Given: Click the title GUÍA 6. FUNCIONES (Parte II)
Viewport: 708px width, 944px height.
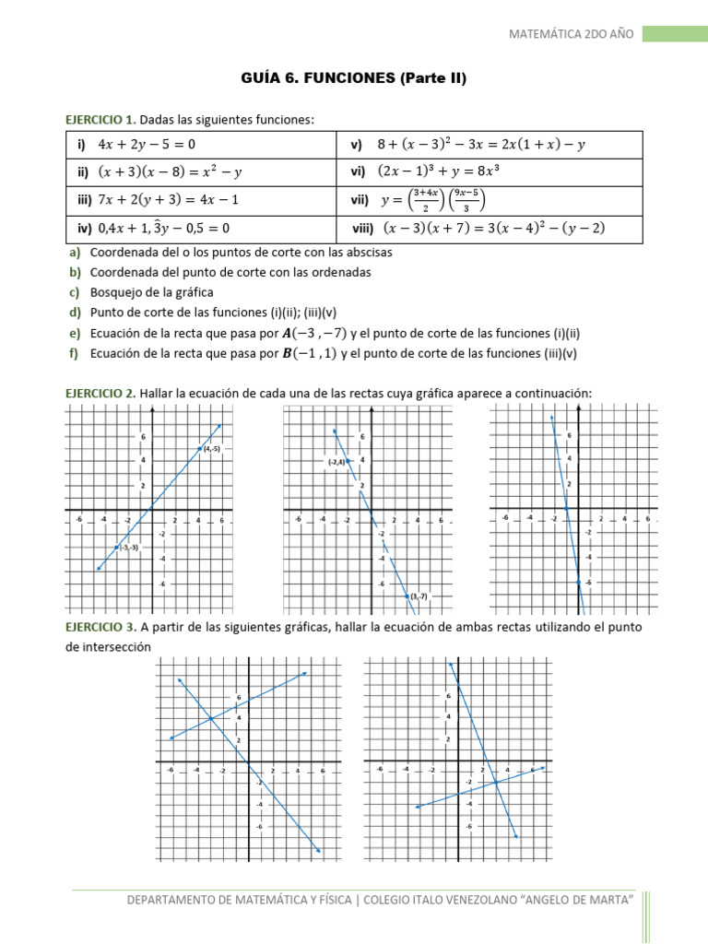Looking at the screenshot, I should point(354,79).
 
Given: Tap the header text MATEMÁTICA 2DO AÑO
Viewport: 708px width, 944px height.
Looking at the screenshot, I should point(572,34).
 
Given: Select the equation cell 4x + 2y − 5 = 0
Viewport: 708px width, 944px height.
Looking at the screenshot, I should point(147,145).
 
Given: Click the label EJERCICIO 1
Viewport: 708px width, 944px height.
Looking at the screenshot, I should point(100,119).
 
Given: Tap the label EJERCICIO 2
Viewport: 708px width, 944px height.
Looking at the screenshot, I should point(100,394).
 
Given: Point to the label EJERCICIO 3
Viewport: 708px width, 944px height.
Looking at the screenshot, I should point(100,627).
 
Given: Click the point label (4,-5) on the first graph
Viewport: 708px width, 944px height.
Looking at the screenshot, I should point(210,449).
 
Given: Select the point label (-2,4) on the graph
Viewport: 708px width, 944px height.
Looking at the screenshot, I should point(335,462).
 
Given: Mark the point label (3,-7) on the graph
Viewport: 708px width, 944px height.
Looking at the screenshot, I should point(418,597).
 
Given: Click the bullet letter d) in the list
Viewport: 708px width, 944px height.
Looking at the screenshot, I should point(75,313).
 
